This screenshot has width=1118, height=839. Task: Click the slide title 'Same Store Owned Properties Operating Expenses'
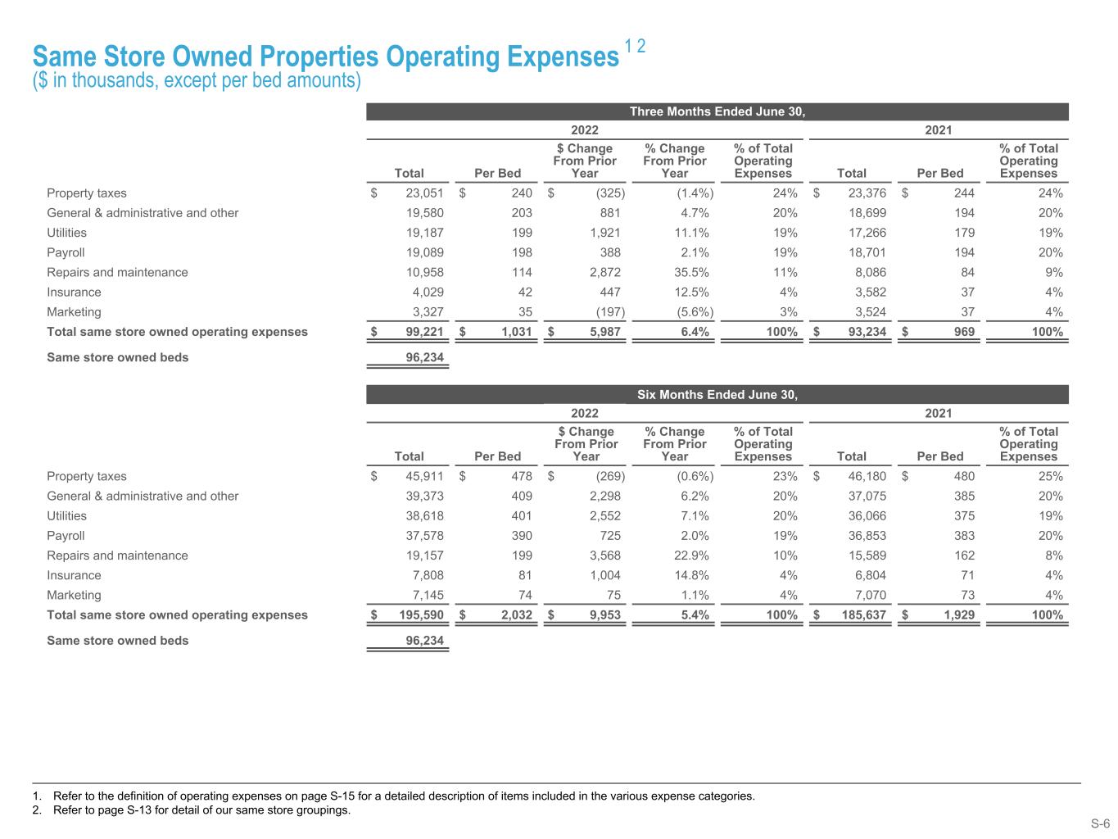325,57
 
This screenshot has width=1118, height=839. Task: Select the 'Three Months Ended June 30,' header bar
717,111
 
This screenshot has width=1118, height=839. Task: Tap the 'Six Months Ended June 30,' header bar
717,395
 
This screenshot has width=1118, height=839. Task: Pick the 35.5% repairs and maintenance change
690,272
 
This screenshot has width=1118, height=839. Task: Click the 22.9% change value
690,556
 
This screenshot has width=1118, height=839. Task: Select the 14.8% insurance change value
690,575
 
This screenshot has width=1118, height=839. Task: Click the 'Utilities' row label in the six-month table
66,516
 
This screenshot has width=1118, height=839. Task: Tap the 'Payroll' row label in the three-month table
66,252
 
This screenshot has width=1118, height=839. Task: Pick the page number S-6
1099,824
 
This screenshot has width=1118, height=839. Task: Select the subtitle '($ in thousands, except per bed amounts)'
197,81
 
